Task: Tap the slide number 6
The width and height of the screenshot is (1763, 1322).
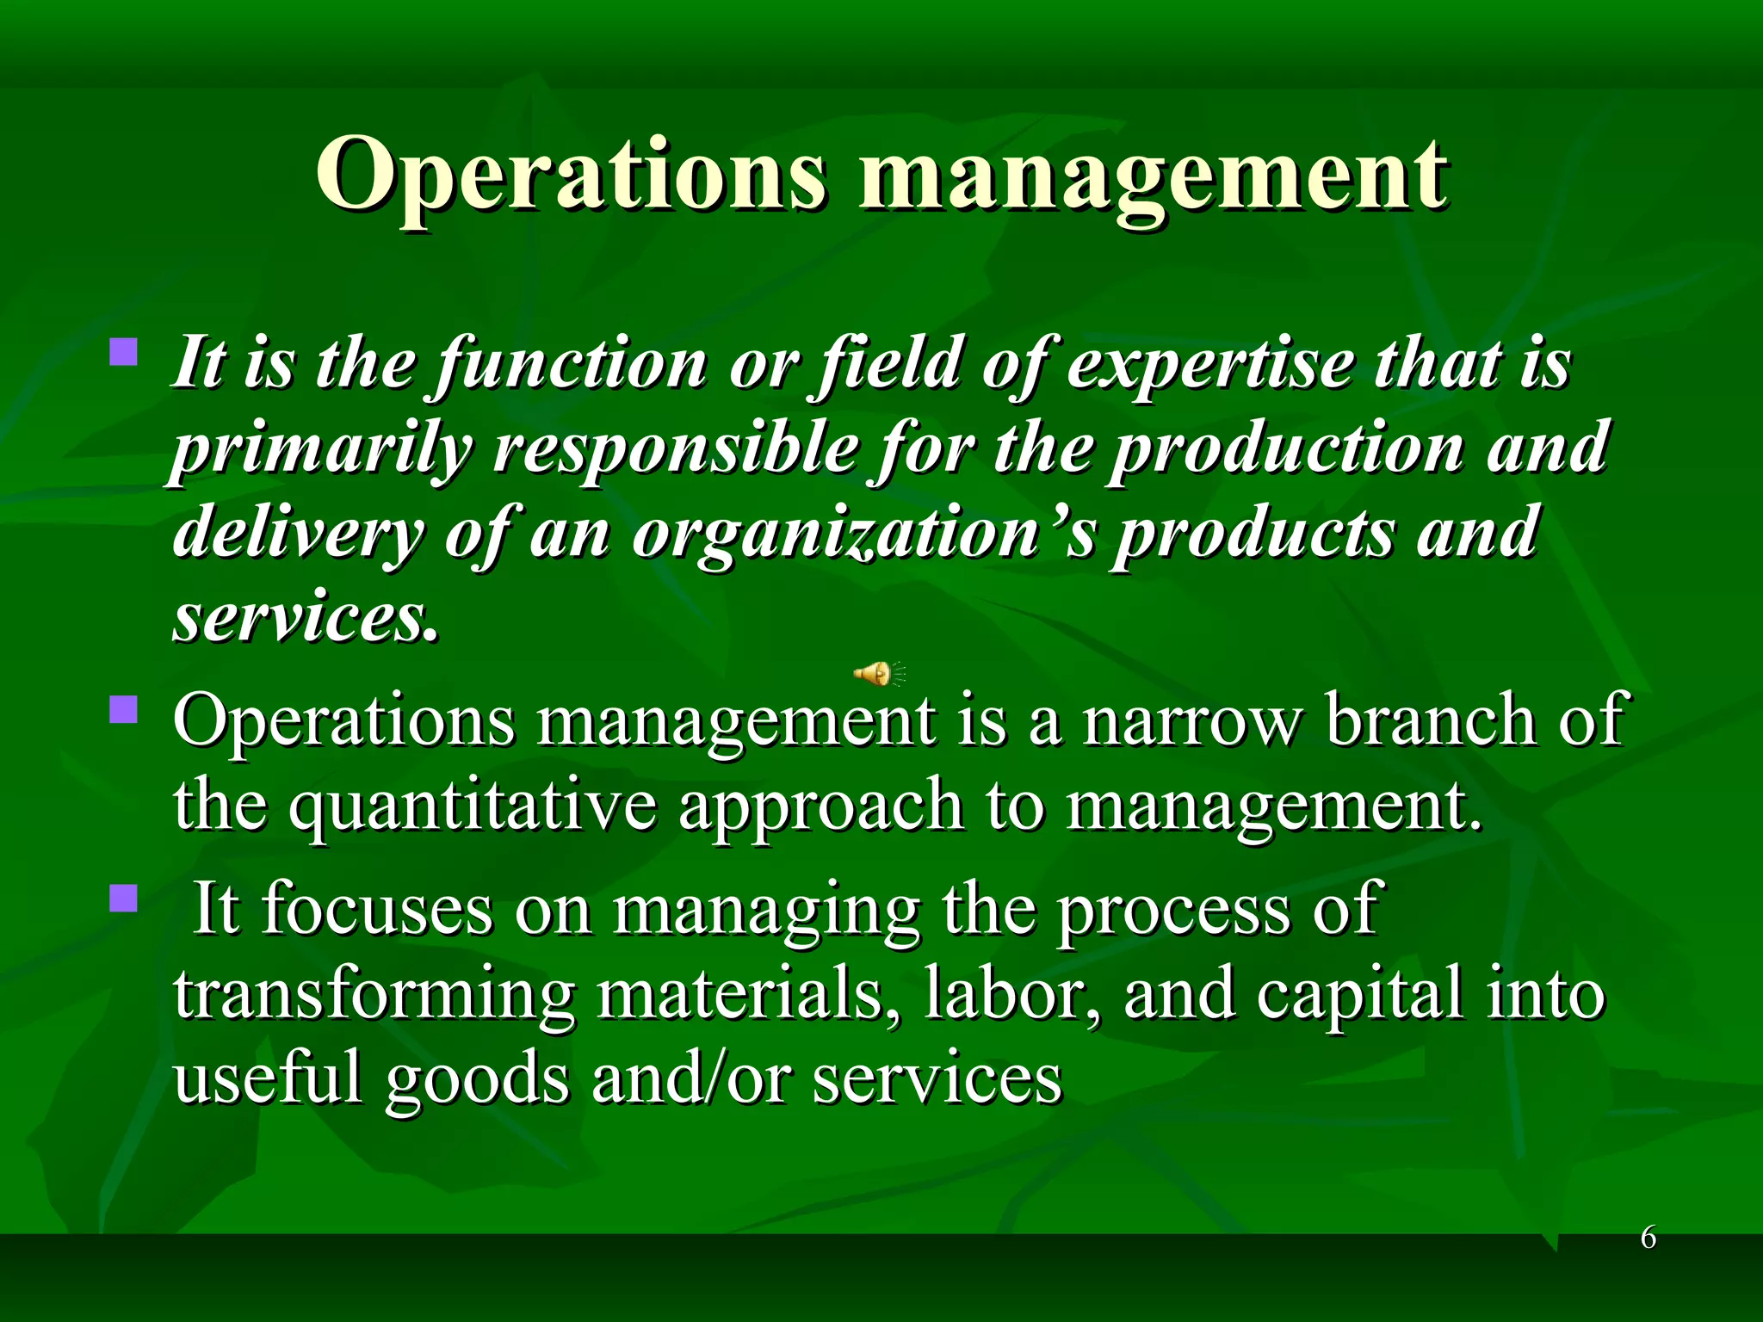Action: (x=1648, y=1238)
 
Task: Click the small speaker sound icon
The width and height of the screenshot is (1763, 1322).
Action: (x=877, y=673)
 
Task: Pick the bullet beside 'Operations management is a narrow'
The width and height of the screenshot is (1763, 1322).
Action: (x=124, y=710)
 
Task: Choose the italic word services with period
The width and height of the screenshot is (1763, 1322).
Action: (x=305, y=618)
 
